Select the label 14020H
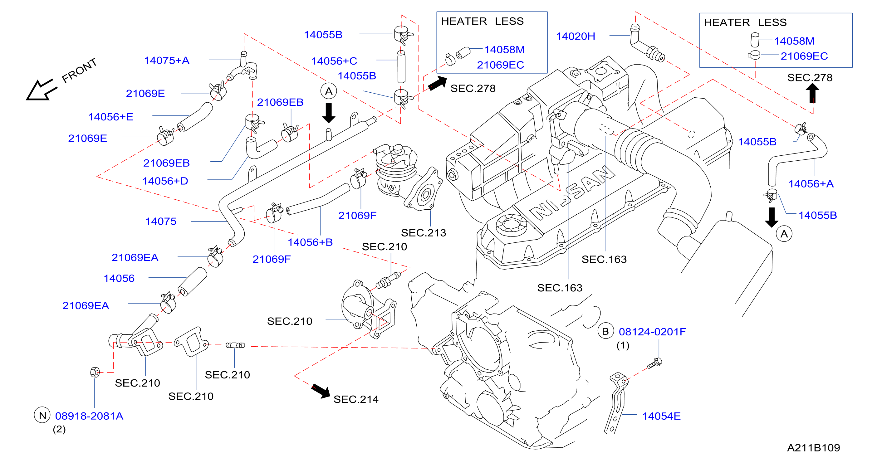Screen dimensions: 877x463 coord(576,37)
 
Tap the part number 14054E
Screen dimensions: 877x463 coord(661,416)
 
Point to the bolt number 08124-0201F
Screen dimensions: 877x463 coord(652,332)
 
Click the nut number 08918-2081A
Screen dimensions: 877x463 coord(89,416)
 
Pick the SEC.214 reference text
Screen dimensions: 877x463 coord(356,399)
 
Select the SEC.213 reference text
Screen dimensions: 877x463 coord(423,233)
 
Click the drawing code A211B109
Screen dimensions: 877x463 coord(813,448)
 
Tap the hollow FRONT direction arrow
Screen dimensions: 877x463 coord(41,90)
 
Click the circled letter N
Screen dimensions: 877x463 coord(42,415)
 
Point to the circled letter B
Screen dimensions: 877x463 coord(605,331)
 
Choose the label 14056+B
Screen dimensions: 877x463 coord(310,242)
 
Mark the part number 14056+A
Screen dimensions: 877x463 coord(811,184)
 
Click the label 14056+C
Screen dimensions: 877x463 coord(334,61)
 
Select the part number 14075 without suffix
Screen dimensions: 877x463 coord(161,221)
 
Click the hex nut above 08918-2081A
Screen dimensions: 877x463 coord(95,372)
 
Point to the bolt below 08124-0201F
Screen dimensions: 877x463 coord(654,363)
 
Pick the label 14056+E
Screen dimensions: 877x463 coord(111,117)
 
